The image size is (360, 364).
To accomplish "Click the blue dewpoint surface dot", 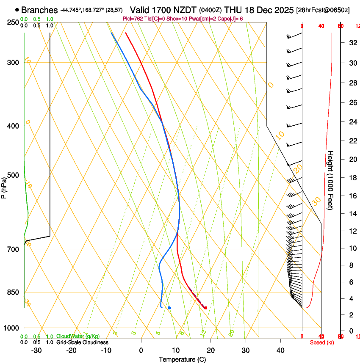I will click(x=169, y=308).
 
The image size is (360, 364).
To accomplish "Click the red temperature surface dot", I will click(x=205, y=308).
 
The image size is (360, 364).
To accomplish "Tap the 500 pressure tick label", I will click(x=14, y=175).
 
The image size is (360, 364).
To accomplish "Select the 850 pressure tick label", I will click(x=14, y=292).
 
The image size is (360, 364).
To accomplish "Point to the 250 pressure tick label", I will click(x=14, y=22).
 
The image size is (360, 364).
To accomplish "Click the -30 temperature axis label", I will click(x=36, y=350).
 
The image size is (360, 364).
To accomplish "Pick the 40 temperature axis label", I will click(x=280, y=350).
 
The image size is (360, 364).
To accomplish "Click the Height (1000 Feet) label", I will click(x=330, y=180).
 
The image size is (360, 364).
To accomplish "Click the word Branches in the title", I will click(x=39, y=10).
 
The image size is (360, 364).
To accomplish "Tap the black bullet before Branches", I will click(x=17, y=10).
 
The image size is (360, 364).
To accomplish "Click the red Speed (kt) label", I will click(x=321, y=342).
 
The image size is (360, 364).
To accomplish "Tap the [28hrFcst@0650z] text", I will click(x=323, y=10).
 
